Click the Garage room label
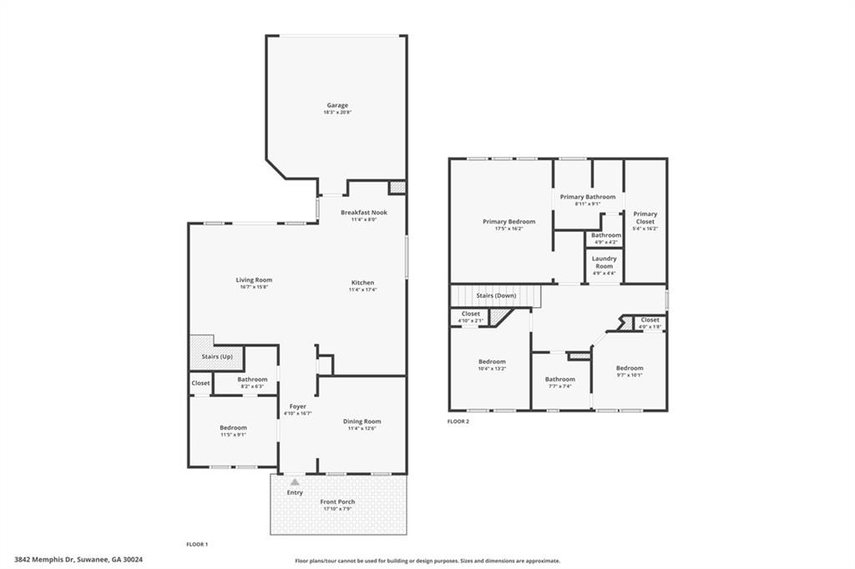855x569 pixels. click(x=337, y=106)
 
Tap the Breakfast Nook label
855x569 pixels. click(x=363, y=213)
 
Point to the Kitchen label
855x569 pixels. click(x=362, y=283)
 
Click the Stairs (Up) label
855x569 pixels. click(x=217, y=356)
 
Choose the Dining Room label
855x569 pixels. click(x=362, y=421)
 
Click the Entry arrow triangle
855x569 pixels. click(x=294, y=481)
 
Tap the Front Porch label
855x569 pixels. click(x=338, y=501)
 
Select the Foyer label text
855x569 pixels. click(x=297, y=406)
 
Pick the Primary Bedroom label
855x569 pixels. click(x=508, y=222)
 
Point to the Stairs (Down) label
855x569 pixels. click(x=496, y=295)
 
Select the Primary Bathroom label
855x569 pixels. click(x=588, y=197)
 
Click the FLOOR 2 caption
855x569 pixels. click(x=458, y=421)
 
